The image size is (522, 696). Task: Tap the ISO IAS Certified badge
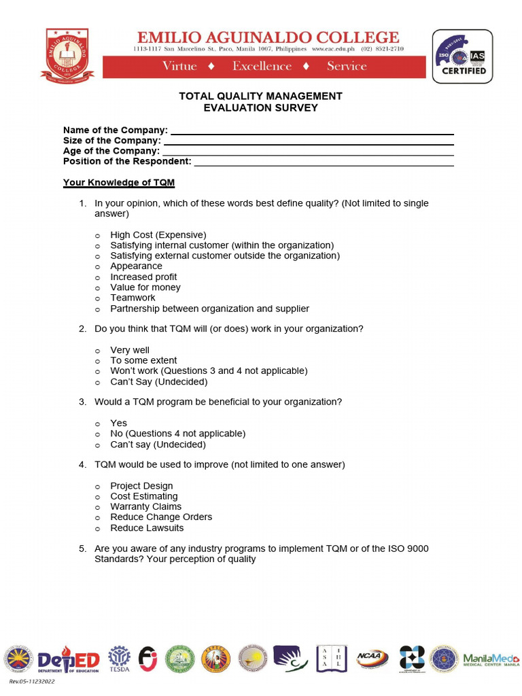coord(462,56)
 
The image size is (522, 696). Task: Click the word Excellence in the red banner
coord(262,66)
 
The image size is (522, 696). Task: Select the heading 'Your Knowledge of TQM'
coord(119,183)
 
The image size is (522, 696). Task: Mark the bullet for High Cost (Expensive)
coord(97,235)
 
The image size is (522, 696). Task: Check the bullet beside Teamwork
coord(97,298)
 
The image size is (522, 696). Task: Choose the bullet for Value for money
coord(97,288)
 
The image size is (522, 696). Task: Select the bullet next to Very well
coord(97,351)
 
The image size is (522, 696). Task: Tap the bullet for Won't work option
coord(97,372)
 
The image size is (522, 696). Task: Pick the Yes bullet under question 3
coord(97,423)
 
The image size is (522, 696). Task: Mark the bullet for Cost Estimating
coord(97,497)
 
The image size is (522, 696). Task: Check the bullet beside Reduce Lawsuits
coord(97,529)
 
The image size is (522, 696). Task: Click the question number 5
coord(82,549)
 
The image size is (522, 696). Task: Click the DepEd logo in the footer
coord(69,659)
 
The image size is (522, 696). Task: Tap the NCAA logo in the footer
coord(372,658)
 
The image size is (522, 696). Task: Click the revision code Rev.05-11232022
coord(32,681)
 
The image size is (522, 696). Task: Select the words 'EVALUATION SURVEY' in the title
coord(260,107)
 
